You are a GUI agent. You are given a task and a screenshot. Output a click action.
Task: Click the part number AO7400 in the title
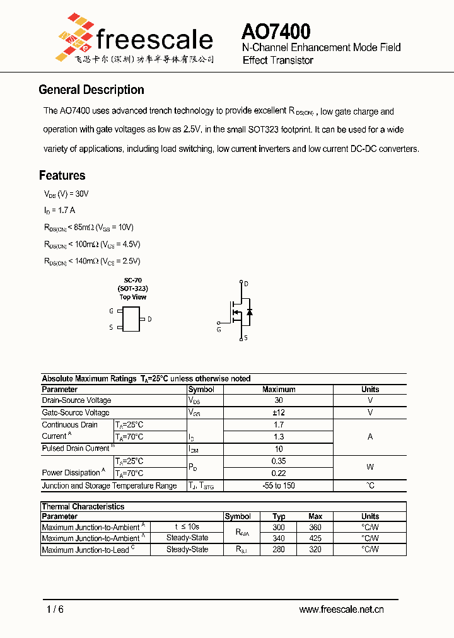point(276,32)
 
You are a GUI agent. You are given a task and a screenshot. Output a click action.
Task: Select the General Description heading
point(91,90)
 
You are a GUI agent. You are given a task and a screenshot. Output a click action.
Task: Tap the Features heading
point(62,175)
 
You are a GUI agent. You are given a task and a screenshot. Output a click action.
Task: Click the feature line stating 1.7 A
point(60,210)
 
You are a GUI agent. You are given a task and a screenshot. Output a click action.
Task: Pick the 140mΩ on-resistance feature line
point(91,261)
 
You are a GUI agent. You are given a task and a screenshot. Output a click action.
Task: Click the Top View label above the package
point(132,297)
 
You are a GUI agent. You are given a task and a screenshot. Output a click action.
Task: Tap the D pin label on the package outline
point(149,319)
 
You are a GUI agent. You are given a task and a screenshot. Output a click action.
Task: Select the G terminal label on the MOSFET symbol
point(219,329)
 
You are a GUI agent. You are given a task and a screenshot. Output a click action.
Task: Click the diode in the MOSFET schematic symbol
point(250,311)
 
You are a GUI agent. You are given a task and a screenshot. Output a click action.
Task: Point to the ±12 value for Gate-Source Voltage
point(279,412)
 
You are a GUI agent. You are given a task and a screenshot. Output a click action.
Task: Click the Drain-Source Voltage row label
point(76,400)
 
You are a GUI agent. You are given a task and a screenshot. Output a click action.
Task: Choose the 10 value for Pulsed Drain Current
point(279,449)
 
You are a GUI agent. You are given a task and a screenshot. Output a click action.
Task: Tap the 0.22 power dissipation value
point(279,473)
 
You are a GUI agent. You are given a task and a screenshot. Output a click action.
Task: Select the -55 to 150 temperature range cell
point(279,486)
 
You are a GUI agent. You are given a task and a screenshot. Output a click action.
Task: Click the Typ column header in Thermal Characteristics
point(279,516)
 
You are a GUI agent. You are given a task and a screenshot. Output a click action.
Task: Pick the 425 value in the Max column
point(315,538)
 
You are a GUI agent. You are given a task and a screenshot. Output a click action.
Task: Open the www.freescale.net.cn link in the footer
point(341,610)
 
